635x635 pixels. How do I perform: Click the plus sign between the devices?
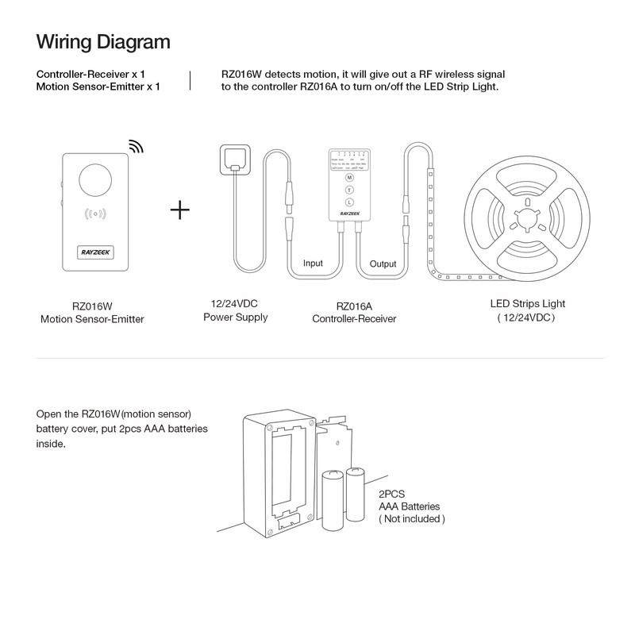[x=180, y=210]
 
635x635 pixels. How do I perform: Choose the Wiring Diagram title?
[x=103, y=40]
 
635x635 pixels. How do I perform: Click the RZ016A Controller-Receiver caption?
[x=353, y=312]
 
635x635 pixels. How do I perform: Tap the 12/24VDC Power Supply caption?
[x=236, y=311]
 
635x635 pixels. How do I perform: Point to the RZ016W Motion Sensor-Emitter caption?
[x=92, y=312]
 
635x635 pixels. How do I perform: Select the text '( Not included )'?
[x=411, y=518]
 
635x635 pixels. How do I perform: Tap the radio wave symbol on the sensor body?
[x=94, y=214]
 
